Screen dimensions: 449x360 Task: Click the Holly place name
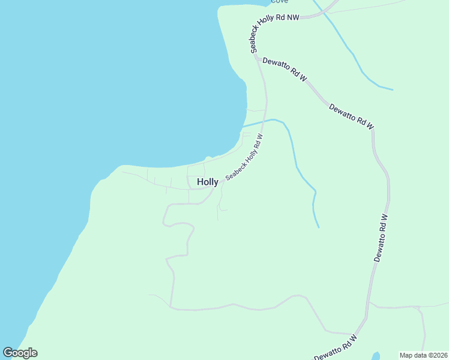208,182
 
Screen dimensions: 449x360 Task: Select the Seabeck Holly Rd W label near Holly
245,157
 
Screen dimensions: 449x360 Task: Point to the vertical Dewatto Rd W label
381,238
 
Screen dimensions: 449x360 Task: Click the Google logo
20,353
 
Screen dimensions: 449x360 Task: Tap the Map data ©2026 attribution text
423,355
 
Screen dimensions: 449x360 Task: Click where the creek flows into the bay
243,127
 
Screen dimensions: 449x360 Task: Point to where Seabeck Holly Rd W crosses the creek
264,121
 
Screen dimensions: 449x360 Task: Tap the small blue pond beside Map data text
376,355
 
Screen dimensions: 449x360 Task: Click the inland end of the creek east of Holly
319,227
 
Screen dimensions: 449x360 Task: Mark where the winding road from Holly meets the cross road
172,308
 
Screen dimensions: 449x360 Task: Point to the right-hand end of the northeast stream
393,90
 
